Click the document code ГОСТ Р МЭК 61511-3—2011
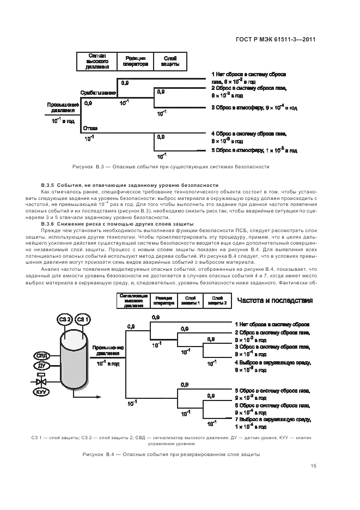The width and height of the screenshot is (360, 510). [x=280, y=39]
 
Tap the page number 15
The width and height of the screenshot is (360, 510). [x=313, y=465]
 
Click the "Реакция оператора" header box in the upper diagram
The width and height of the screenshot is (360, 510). [x=136, y=61]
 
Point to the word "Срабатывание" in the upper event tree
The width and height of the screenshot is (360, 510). [x=98, y=93]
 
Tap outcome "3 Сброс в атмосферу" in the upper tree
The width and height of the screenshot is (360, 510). [x=254, y=108]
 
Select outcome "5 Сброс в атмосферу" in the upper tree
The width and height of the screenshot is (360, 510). [x=254, y=150]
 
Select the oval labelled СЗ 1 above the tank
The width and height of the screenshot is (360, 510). [x=82, y=319]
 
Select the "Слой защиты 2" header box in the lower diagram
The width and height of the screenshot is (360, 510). [x=216, y=301]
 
